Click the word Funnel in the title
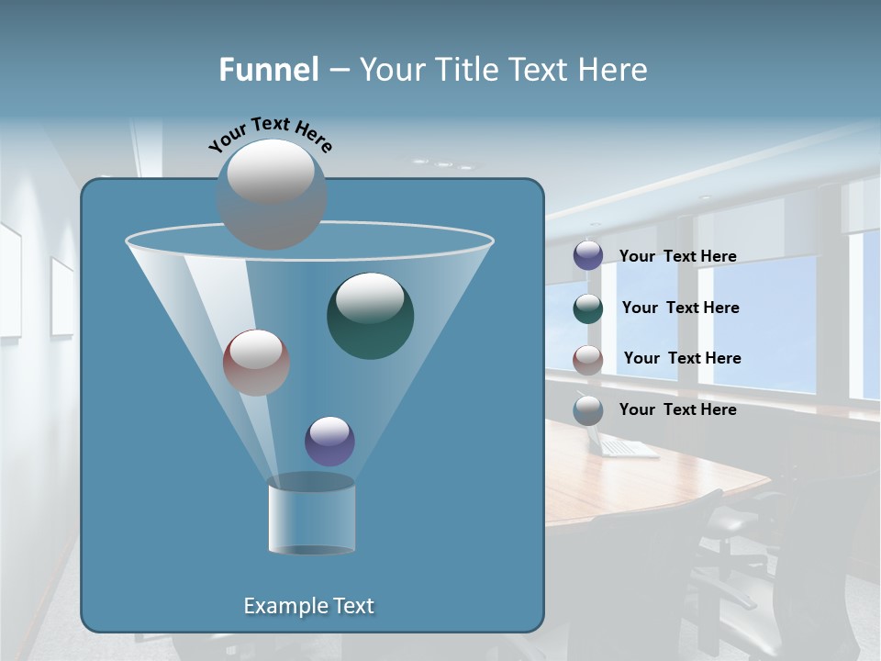click(x=269, y=70)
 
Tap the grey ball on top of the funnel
click(x=271, y=194)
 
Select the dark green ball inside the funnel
click(x=370, y=316)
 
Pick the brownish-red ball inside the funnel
click(x=256, y=363)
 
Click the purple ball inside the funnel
click(x=329, y=442)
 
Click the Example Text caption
click(x=308, y=606)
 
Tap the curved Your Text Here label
click(x=270, y=134)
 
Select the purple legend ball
click(x=588, y=255)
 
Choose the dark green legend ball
click(x=588, y=308)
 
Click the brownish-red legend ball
click(x=588, y=359)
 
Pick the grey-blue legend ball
click(x=588, y=410)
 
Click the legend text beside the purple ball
click(x=677, y=256)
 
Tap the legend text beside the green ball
click(x=680, y=308)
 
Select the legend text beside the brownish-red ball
click(x=682, y=358)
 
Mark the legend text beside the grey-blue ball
click(x=677, y=409)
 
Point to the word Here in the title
click(x=615, y=70)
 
